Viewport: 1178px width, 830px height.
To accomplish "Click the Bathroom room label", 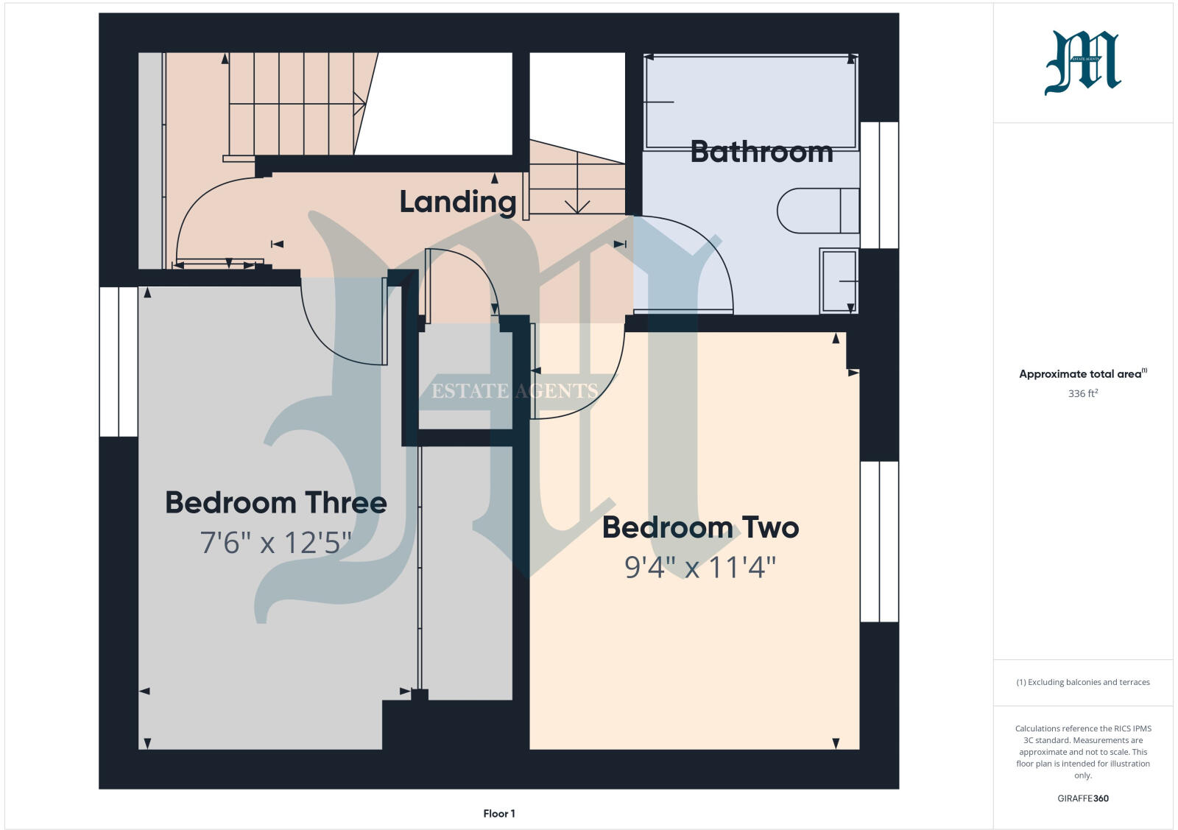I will (x=761, y=152).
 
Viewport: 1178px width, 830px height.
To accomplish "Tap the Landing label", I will (x=457, y=202).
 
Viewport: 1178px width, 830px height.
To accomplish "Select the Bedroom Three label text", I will (x=276, y=502).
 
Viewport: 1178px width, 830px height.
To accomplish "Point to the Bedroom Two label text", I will (x=700, y=527).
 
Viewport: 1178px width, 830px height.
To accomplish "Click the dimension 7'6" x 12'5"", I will (x=276, y=543).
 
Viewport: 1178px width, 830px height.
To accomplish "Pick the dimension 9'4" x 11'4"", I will (x=700, y=567).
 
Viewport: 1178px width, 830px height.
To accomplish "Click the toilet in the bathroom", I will (x=817, y=211).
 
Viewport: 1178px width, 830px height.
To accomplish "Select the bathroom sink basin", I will (x=839, y=281).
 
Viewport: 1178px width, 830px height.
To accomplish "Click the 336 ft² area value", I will (x=1082, y=393).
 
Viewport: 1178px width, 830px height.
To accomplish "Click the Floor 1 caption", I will (x=499, y=814).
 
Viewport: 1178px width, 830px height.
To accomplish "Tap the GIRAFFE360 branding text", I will (x=1082, y=798).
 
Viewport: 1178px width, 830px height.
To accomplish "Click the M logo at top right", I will (x=1082, y=63).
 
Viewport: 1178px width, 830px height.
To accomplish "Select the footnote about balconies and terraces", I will (x=1082, y=682).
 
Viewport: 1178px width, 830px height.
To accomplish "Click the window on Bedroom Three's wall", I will (x=119, y=361).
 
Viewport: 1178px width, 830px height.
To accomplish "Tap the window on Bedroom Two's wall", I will (x=879, y=541).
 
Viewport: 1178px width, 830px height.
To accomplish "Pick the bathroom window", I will (x=879, y=185).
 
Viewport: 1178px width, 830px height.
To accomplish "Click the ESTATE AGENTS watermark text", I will (x=514, y=390).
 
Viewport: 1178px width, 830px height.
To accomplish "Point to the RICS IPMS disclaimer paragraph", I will (x=1082, y=751).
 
